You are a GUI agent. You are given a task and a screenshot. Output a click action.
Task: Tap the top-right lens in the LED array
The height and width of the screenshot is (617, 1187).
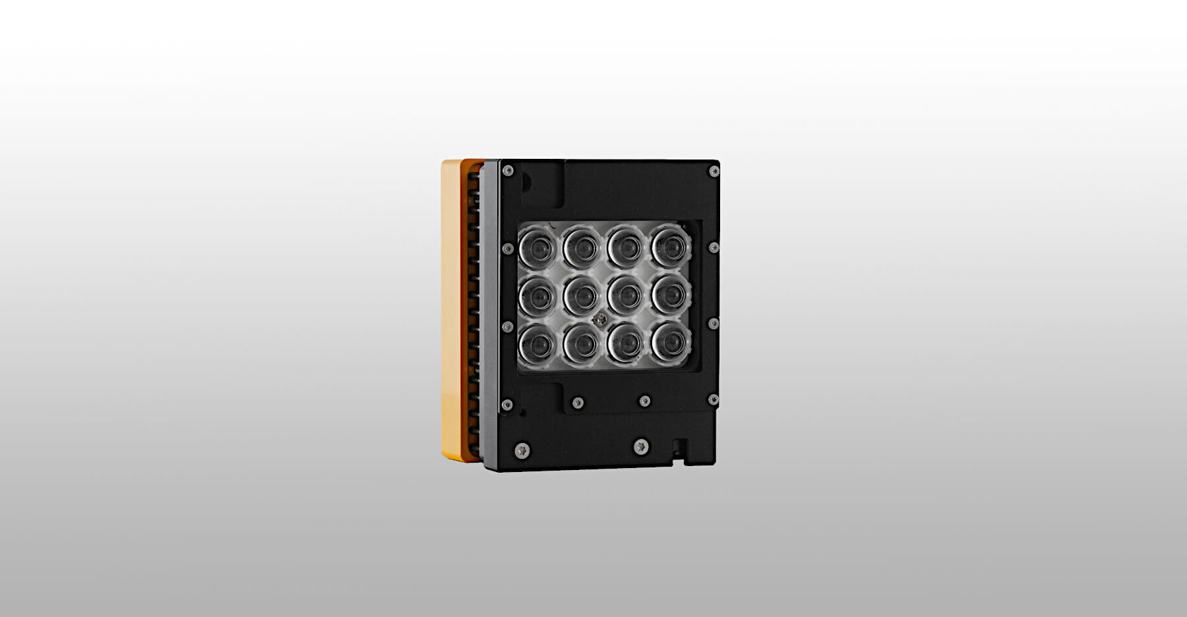[671, 247]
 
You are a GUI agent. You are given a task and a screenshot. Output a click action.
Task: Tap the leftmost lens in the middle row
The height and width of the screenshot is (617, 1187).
[538, 297]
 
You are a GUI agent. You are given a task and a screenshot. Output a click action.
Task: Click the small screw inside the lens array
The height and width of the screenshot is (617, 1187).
[599, 320]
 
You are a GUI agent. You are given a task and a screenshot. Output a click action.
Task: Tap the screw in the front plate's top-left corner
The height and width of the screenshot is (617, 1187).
[507, 171]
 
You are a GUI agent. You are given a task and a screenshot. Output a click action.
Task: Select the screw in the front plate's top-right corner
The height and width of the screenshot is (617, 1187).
[713, 171]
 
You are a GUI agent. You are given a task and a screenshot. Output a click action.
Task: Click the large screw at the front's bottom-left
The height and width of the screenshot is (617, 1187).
[522, 450]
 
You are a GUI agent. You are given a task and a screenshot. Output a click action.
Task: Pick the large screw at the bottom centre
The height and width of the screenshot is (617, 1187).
[640, 447]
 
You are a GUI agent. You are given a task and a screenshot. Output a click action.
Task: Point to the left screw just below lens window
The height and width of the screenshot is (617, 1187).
[578, 402]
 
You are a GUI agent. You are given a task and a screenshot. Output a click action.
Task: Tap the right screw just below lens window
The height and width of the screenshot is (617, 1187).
[644, 401]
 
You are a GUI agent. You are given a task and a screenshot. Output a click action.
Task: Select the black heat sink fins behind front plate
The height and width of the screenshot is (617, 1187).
[472, 316]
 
